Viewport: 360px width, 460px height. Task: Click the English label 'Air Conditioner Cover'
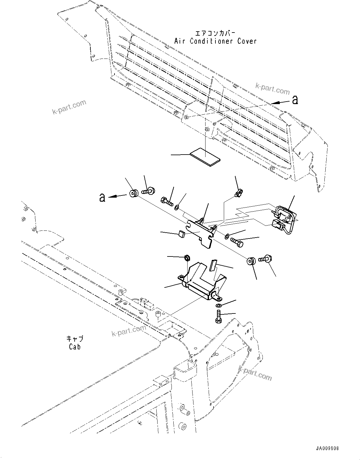[x=215, y=41]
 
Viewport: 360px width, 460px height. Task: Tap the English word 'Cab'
[x=75, y=347]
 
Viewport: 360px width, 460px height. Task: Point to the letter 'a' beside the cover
[x=295, y=100]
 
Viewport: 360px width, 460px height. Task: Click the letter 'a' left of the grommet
[x=102, y=197]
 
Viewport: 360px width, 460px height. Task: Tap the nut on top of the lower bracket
[x=187, y=257]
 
